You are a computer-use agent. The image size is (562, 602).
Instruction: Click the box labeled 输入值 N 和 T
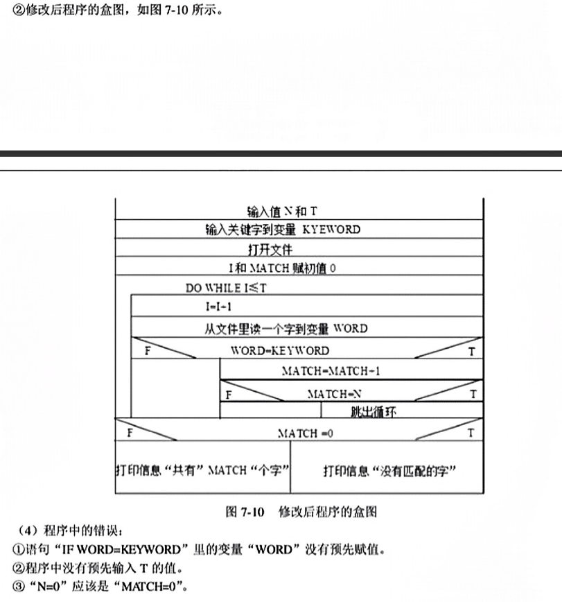pyautogui.click(x=299, y=209)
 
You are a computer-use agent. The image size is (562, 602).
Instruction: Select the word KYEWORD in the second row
pyautogui.click(x=331, y=230)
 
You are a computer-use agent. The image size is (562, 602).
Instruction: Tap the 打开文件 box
pyautogui.click(x=299, y=248)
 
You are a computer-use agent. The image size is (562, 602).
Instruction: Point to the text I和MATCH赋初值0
pyautogui.click(x=282, y=268)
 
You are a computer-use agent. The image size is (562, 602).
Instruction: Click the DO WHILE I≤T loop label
pyautogui.click(x=226, y=288)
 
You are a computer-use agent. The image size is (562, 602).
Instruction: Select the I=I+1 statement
pyautogui.click(x=219, y=307)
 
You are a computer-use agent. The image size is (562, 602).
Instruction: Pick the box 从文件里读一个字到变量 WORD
pyautogui.click(x=306, y=327)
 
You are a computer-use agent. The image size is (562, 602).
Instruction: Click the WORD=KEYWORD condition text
pyautogui.click(x=280, y=350)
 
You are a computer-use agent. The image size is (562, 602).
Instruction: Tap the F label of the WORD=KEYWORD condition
pyautogui.click(x=148, y=351)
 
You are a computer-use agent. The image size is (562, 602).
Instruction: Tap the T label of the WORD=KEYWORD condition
pyautogui.click(x=471, y=352)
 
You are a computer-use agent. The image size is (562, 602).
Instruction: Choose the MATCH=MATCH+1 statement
pyautogui.click(x=331, y=371)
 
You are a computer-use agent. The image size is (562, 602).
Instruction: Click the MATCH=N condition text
pyautogui.click(x=335, y=394)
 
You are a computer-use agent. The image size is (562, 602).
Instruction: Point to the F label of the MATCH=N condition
pyautogui.click(x=229, y=395)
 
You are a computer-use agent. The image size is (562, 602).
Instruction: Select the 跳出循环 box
pyautogui.click(x=402, y=410)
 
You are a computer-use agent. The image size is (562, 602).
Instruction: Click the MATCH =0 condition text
pyautogui.click(x=306, y=433)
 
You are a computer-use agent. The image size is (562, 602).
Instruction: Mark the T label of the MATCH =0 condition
pyautogui.click(x=471, y=433)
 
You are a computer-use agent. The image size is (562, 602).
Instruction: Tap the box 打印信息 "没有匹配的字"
pyautogui.click(x=387, y=467)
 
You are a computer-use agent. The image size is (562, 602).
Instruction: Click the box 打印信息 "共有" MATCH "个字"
pyautogui.click(x=202, y=467)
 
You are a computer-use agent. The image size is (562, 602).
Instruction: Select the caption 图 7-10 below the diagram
pyautogui.click(x=245, y=512)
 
